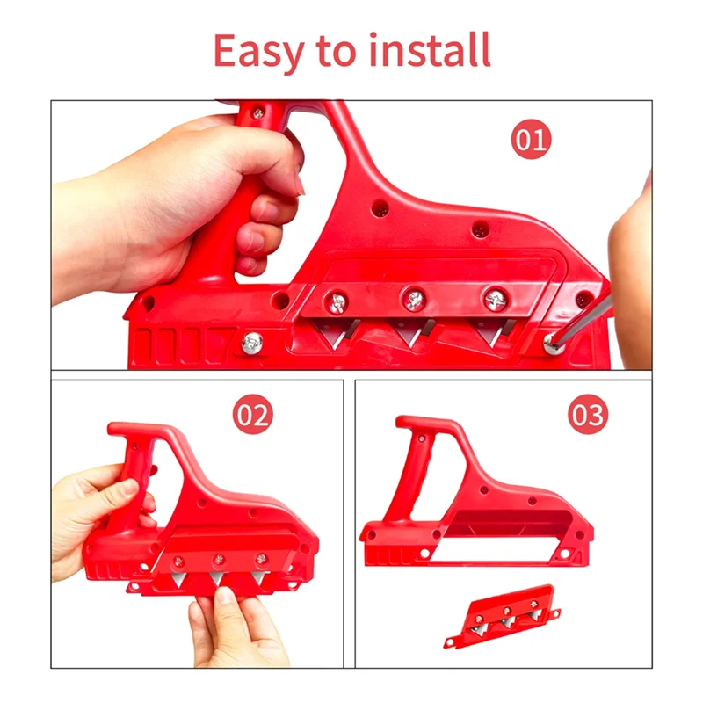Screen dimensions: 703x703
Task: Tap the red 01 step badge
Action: pyautogui.click(x=531, y=139)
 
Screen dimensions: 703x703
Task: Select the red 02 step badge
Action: pyautogui.click(x=252, y=415)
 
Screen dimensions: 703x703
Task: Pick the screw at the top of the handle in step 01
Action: pyautogui.click(x=257, y=113)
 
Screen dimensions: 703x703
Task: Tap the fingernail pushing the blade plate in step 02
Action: pyautogui.click(x=226, y=595)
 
